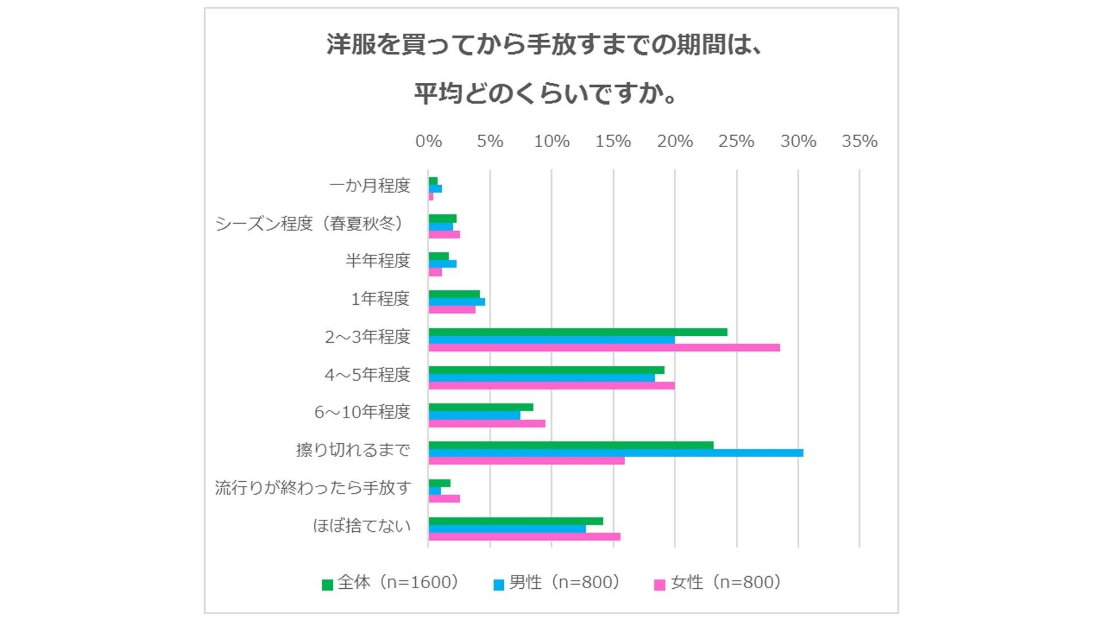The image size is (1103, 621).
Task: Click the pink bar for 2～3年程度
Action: pyautogui.click(x=604, y=348)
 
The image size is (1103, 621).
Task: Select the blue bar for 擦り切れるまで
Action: pyautogui.click(x=615, y=453)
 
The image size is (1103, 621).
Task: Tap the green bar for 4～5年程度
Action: pyautogui.click(x=546, y=370)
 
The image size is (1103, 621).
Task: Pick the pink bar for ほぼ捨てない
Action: pyautogui.click(x=524, y=537)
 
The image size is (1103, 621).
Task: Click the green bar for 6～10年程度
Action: pyautogui.click(x=480, y=408)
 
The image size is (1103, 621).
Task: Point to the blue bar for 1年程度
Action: pyautogui.click(x=456, y=302)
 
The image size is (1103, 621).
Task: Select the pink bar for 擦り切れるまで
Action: pyautogui.click(x=526, y=461)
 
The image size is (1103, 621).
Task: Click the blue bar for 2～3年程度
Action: pyautogui.click(x=551, y=340)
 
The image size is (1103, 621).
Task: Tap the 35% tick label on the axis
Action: pyautogui.click(x=859, y=141)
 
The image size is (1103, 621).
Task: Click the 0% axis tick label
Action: pyautogui.click(x=429, y=141)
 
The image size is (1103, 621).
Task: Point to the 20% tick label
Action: pyautogui.click(x=674, y=141)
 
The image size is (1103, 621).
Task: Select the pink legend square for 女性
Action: pyautogui.click(x=660, y=585)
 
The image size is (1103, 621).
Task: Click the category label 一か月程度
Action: pyautogui.click(x=369, y=186)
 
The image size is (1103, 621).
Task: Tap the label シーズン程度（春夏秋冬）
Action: pyautogui.click(x=310, y=224)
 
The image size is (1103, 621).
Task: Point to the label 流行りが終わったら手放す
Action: pyautogui.click(x=313, y=488)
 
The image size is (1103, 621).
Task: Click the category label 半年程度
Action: pyautogui.click(x=377, y=261)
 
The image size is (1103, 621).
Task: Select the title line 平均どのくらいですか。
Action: pyautogui.click(x=546, y=93)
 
